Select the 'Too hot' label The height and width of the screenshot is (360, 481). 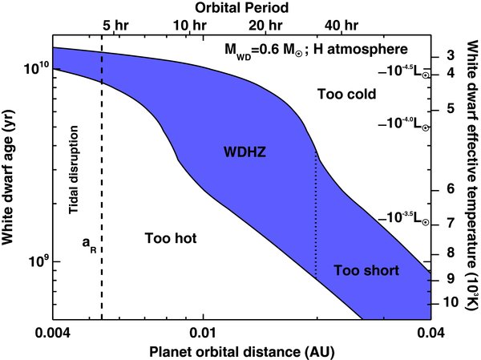coord(171,238)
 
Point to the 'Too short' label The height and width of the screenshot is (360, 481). coord(366,270)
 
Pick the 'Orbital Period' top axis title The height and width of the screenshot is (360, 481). coord(241,8)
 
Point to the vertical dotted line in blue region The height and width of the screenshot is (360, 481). coord(317,216)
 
